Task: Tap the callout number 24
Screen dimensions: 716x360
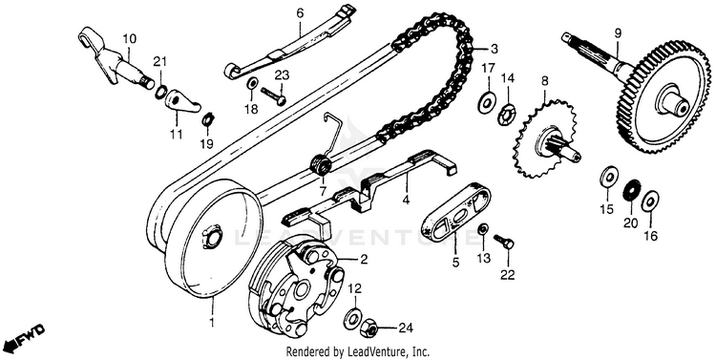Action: pos(406,328)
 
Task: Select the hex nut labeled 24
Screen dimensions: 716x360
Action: pos(369,328)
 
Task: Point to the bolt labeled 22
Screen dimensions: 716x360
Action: pos(504,242)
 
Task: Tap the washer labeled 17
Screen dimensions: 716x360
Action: pos(487,102)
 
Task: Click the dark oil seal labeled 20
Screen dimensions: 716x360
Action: pos(632,189)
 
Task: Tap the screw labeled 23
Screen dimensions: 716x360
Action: pos(274,95)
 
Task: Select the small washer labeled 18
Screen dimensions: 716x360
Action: pos(252,84)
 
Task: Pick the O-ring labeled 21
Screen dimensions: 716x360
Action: pos(161,91)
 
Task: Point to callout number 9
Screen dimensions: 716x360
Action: pos(618,32)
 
